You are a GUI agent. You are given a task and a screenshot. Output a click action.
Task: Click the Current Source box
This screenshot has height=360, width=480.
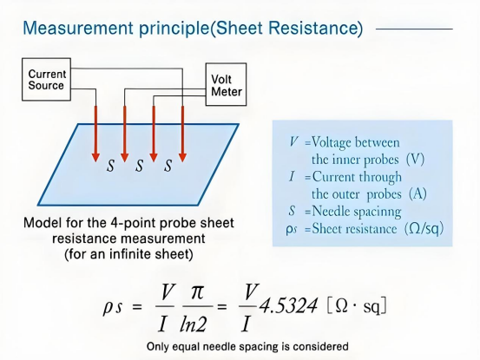[x=46, y=80]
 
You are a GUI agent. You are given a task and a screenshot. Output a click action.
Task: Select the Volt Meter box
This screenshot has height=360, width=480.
[x=226, y=84]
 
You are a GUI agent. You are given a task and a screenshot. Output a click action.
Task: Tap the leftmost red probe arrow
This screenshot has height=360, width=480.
[x=95, y=134]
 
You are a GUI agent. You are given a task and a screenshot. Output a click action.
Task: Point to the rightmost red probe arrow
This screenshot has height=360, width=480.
[x=183, y=134]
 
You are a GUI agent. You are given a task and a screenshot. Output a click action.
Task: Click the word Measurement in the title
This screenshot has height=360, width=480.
[x=78, y=28]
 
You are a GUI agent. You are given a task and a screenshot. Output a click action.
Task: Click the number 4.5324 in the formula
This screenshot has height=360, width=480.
[x=288, y=305]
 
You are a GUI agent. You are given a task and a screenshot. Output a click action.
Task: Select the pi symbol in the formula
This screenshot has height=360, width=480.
[x=197, y=292]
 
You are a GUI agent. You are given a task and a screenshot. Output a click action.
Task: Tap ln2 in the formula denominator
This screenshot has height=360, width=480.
[x=194, y=324]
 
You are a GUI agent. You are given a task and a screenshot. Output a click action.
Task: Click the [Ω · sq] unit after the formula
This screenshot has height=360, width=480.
[x=357, y=306]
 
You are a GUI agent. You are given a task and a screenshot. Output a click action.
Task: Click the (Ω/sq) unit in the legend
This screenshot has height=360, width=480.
[x=424, y=229]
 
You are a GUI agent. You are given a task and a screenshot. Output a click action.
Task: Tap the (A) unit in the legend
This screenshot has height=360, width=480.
[x=418, y=194]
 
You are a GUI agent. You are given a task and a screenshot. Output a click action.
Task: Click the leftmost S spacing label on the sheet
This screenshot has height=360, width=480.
[x=110, y=166]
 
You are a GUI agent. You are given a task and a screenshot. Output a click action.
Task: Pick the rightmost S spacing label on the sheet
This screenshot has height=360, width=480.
[x=168, y=166]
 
